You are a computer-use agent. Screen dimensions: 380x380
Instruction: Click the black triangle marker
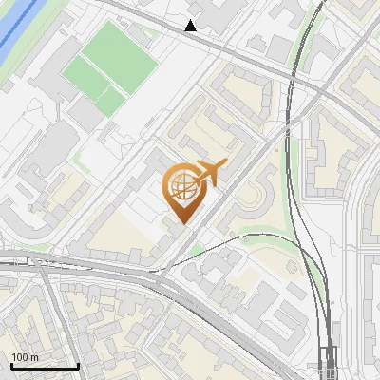click(x=191, y=26)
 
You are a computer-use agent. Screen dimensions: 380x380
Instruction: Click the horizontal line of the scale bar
click(x=44, y=366)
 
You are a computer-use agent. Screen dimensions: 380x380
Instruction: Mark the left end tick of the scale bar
click(x=10, y=364)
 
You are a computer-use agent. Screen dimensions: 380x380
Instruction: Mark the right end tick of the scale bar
click(x=78, y=364)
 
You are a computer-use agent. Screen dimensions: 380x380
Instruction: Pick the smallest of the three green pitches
click(x=111, y=101)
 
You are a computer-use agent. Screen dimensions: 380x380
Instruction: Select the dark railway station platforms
click(x=328, y=361)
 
